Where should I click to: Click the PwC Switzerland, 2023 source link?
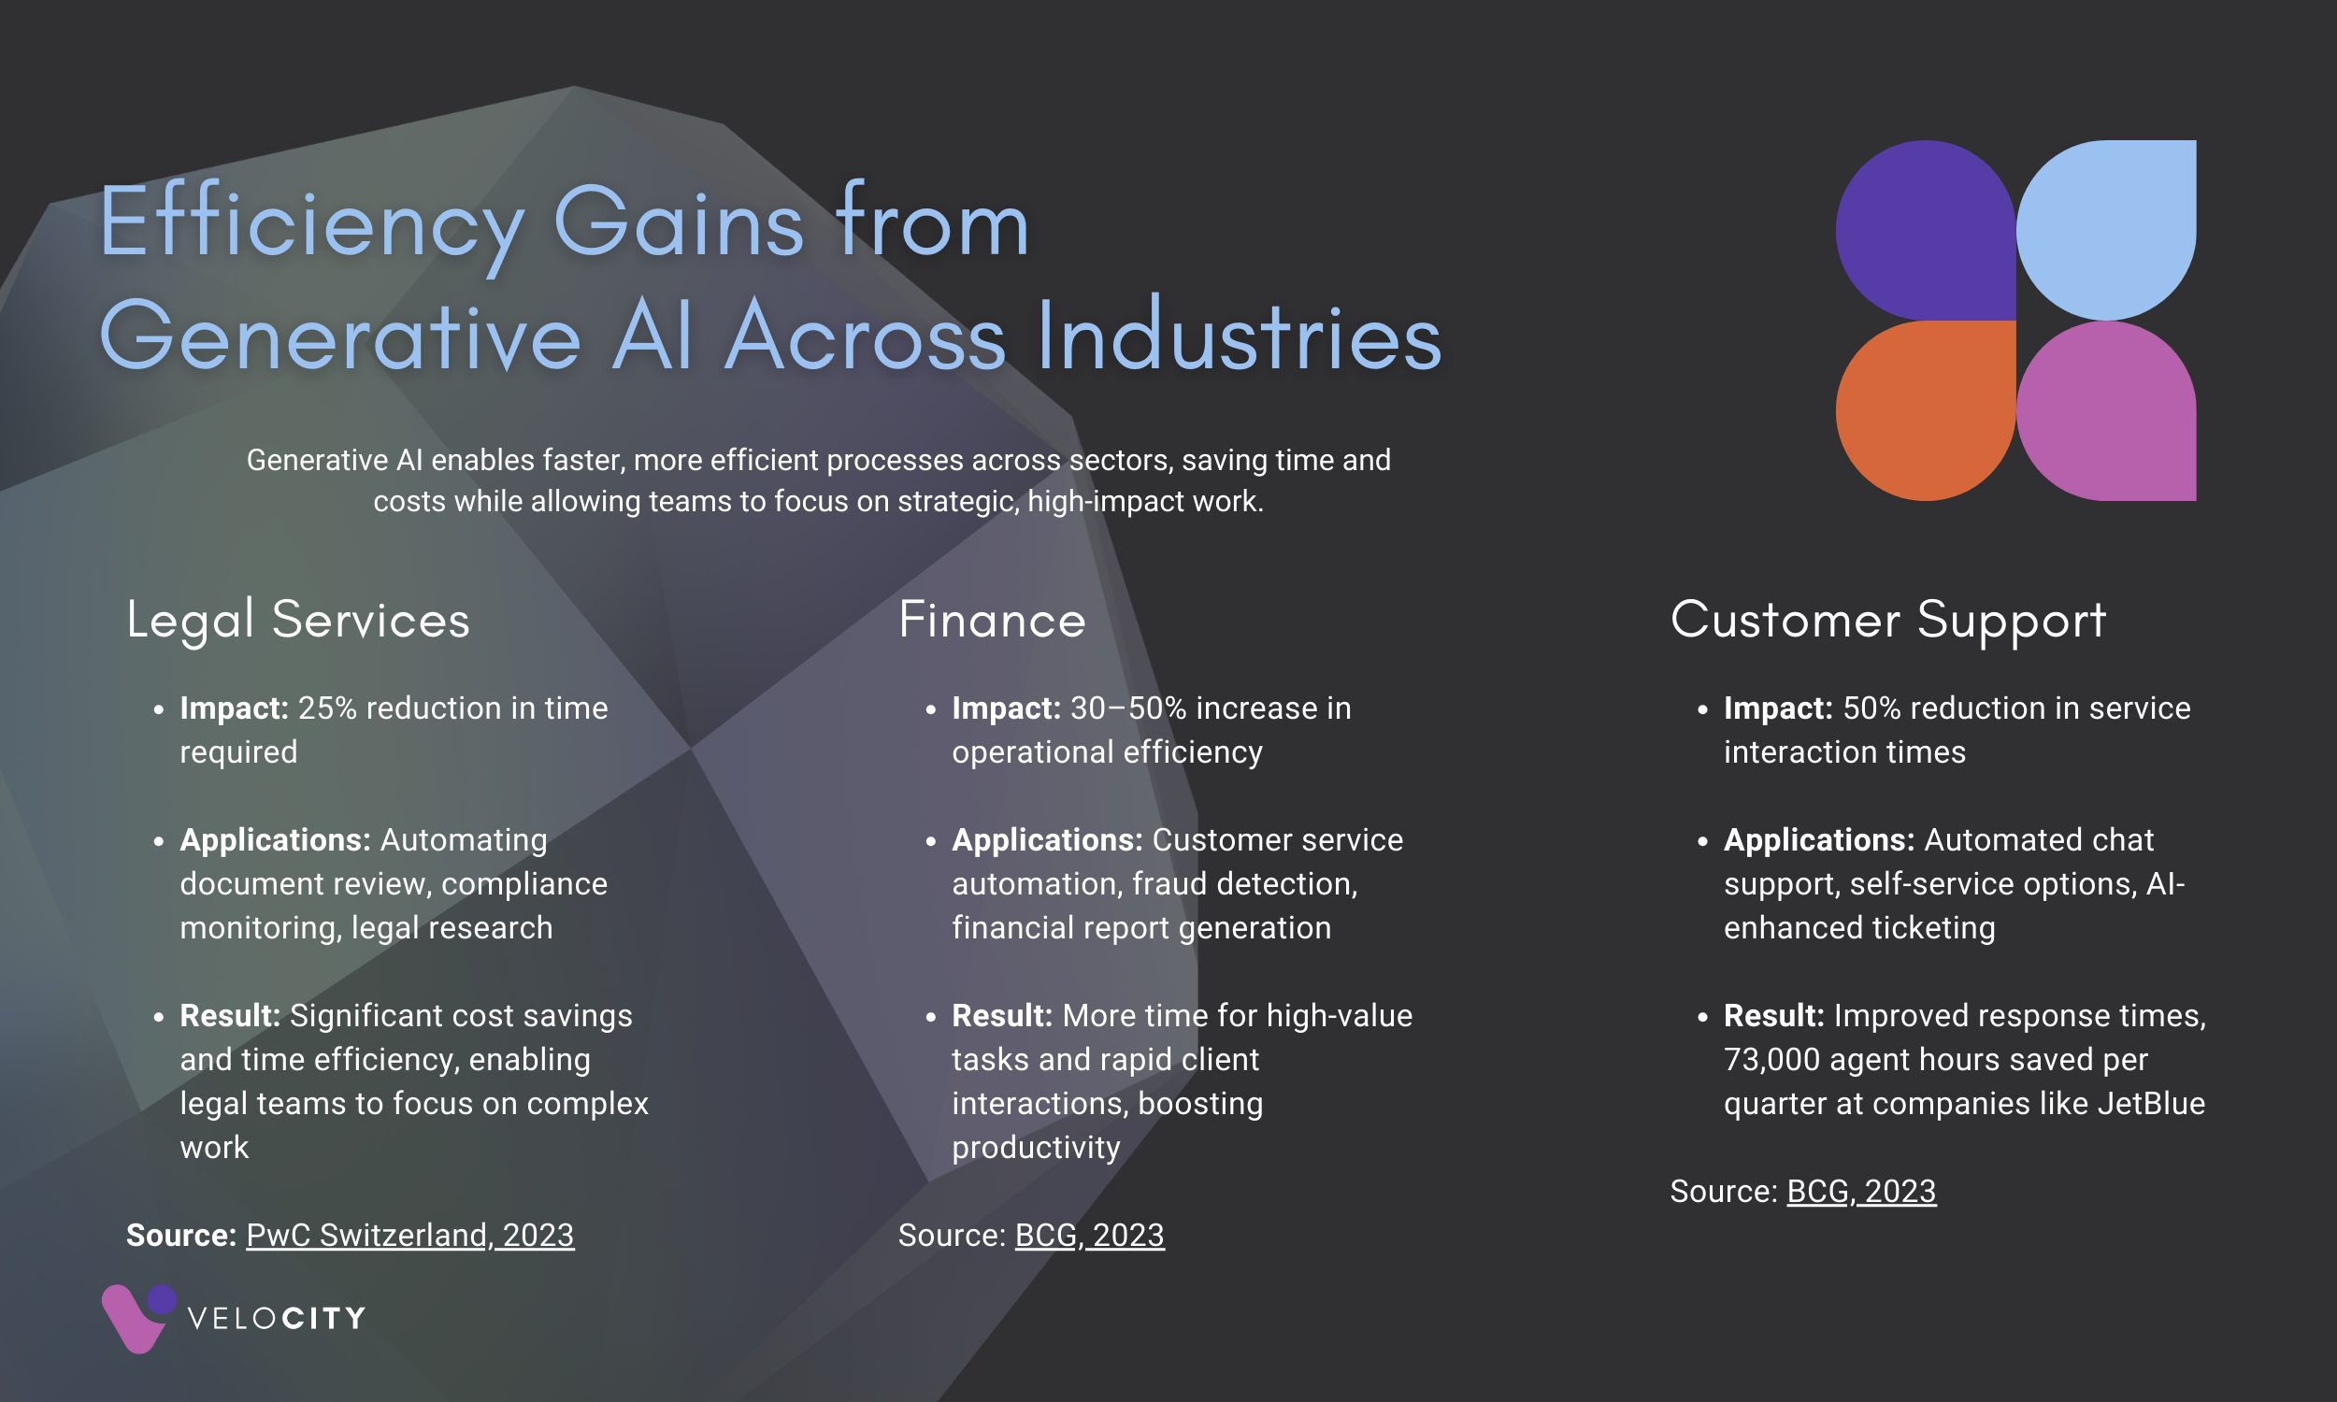[410, 1235]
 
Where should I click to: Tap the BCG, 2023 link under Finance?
[1089, 1235]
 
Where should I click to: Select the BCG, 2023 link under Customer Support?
[1861, 1192]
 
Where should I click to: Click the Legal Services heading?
[298, 621]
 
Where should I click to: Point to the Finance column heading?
[992, 620]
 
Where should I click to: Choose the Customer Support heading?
[1887, 621]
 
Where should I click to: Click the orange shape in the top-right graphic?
[1925, 410]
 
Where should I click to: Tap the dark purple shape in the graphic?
[1925, 230]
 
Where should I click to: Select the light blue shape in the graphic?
[2106, 230]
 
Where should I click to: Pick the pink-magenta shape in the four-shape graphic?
[2106, 410]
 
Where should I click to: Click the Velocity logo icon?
[138, 1318]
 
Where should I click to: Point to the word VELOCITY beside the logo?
[276, 1319]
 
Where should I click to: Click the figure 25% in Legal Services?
[327, 708]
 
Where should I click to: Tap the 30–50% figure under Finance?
[1128, 708]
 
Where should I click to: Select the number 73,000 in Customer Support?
[1771, 1059]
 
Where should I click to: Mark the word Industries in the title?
[1240, 336]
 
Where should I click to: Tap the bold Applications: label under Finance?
[1048, 840]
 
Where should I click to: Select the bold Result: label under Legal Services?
[230, 1016]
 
